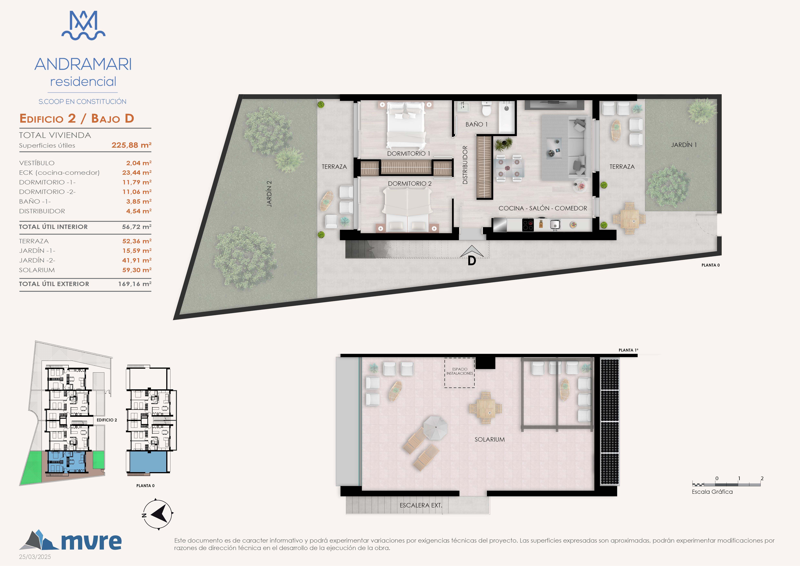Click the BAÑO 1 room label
tap(476, 124)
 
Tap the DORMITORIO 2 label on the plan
tap(410, 184)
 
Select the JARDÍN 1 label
tap(684, 145)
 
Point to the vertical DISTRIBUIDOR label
tap(465, 165)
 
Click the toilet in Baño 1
tap(486, 109)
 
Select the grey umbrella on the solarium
tap(435, 428)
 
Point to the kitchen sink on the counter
tap(555, 225)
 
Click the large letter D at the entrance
tap(472, 261)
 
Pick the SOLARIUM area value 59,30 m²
tap(137, 270)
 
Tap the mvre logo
tap(70, 540)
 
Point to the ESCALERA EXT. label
tap(421, 505)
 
